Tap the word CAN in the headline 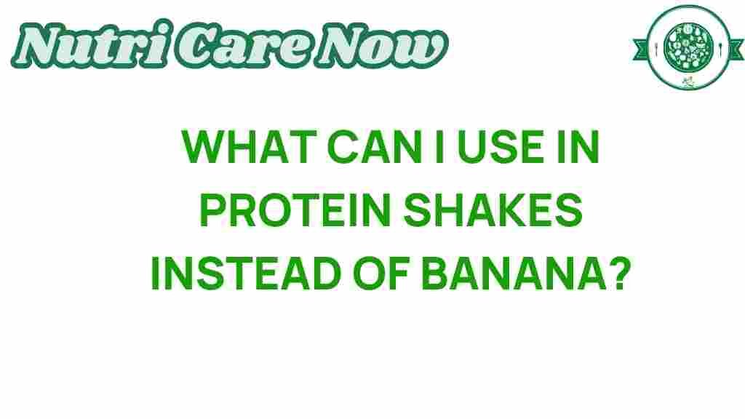[375, 147]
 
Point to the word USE [501, 147]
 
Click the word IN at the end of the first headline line [578, 147]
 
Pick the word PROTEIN [295, 209]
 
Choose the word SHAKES [493, 209]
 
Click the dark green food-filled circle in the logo [688, 47]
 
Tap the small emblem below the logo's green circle [688, 81]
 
